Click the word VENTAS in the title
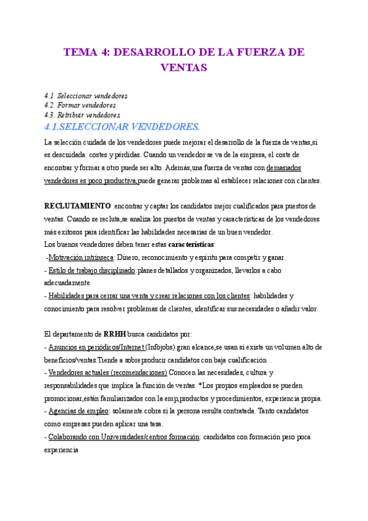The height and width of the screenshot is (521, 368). [x=183, y=67]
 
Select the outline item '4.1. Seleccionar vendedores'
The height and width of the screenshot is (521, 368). [x=86, y=96]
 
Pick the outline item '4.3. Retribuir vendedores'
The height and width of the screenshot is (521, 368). [x=82, y=115]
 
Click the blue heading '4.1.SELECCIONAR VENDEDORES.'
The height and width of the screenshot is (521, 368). [x=122, y=127]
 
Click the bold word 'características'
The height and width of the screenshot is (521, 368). [x=191, y=244]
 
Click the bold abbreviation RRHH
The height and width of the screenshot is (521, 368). [x=115, y=334]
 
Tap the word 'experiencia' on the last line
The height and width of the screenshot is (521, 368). [x=61, y=450]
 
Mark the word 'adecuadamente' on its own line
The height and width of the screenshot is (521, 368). [x=67, y=283]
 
